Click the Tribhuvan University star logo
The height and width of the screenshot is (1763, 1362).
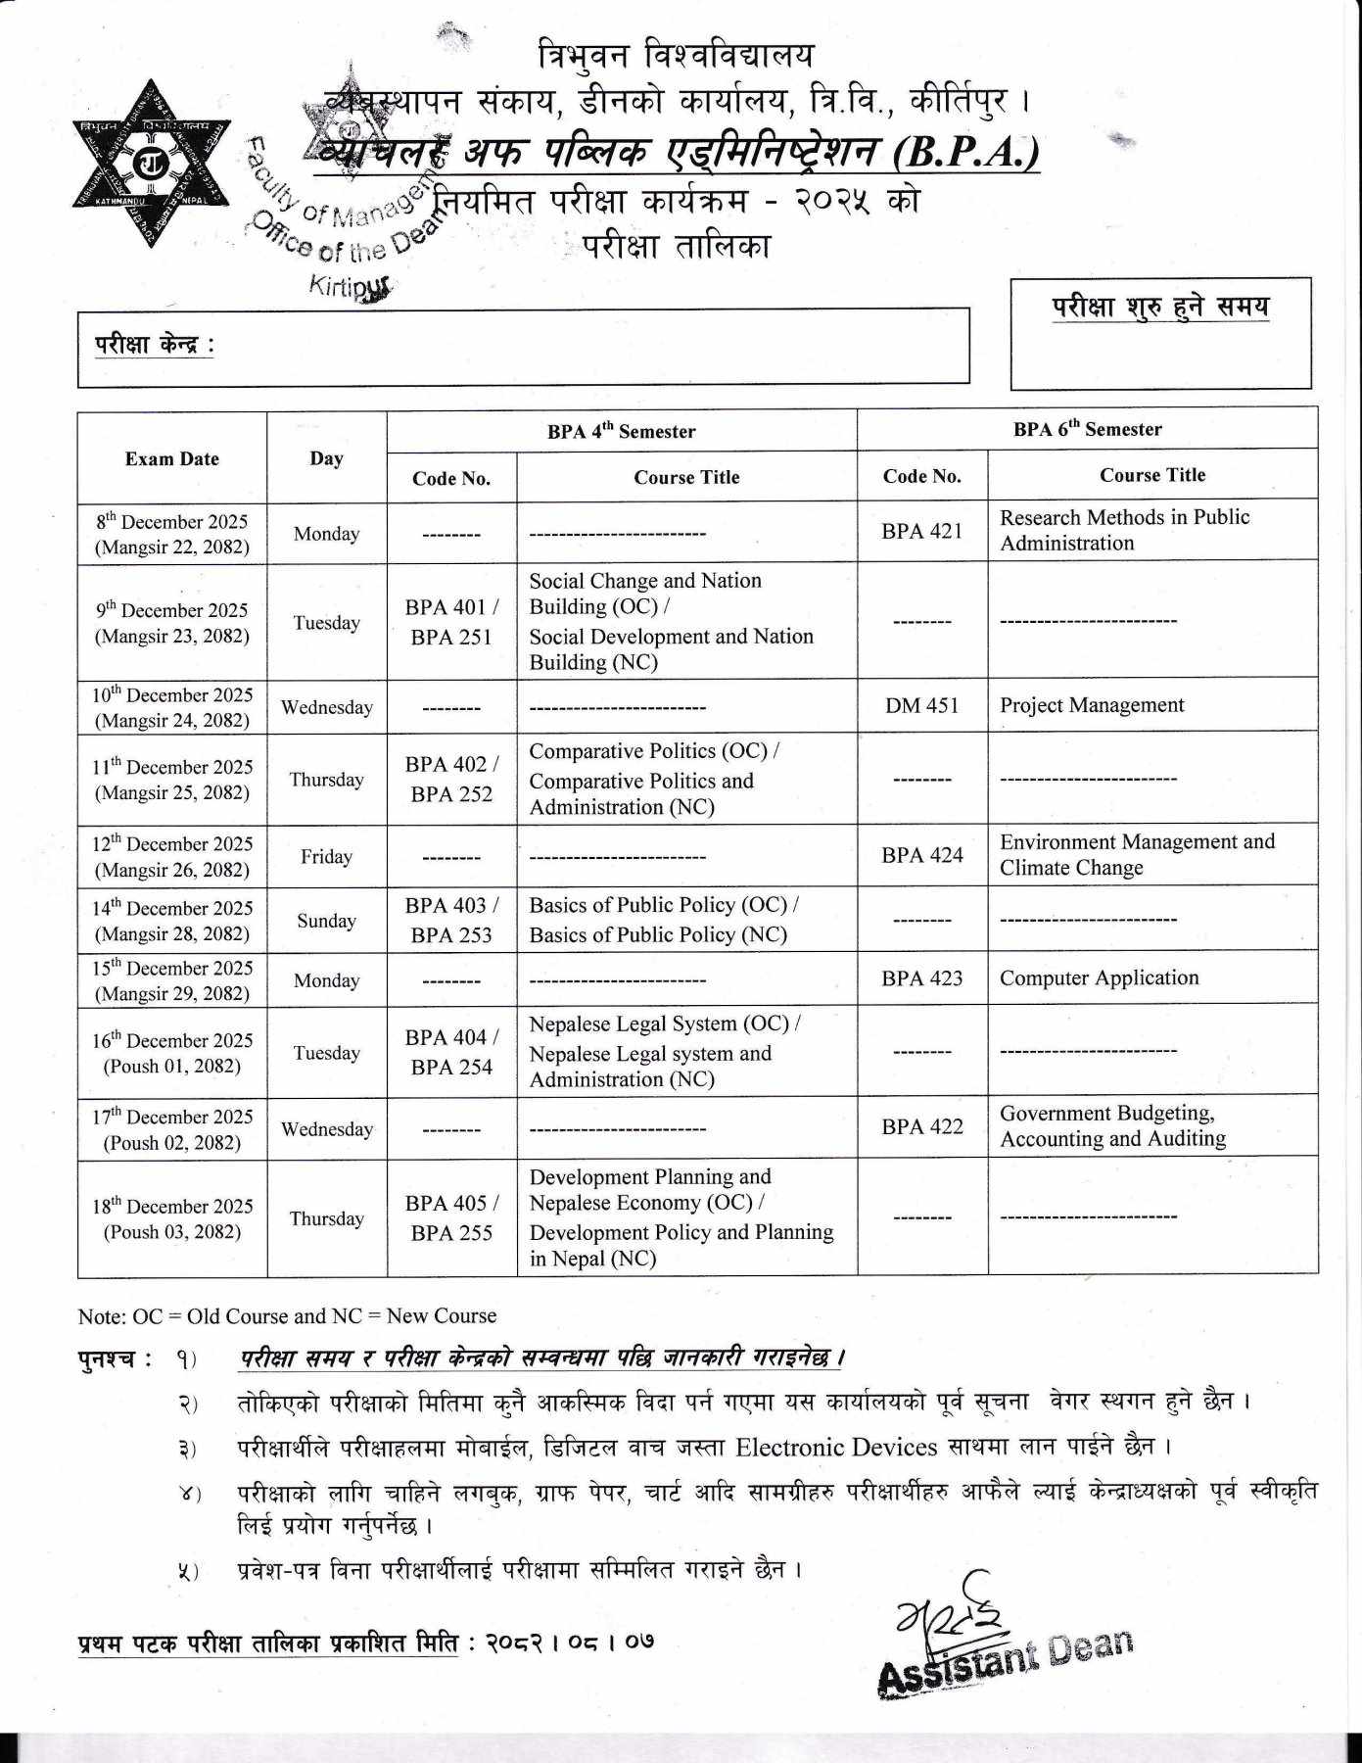click(x=152, y=164)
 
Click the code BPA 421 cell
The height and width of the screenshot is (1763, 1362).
click(x=921, y=531)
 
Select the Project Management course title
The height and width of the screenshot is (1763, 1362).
click(x=1091, y=705)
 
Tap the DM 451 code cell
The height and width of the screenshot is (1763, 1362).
click(x=921, y=705)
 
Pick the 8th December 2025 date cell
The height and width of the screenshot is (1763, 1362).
click(x=171, y=534)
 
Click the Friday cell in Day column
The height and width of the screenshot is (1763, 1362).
click(x=326, y=857)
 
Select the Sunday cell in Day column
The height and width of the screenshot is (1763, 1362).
click(x=326, y=921)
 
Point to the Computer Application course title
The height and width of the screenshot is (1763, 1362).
click(x=1099, y=977)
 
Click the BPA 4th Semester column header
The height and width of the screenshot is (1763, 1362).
click(x=621, y=431)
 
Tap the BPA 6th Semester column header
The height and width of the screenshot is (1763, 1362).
click(x=1087, y=429)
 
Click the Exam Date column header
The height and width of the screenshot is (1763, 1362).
click(x=171, y=458)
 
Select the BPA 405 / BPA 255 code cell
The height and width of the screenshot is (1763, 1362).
click(x=451, y=1217)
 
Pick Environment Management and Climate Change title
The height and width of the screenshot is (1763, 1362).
click(x=1136, y=855)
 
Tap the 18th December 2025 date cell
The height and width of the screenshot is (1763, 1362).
click(x=171, y=1218)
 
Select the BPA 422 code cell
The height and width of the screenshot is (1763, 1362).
click(x=921, y=1126)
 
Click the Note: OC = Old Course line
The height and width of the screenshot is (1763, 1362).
click(x=287, y=1315)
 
